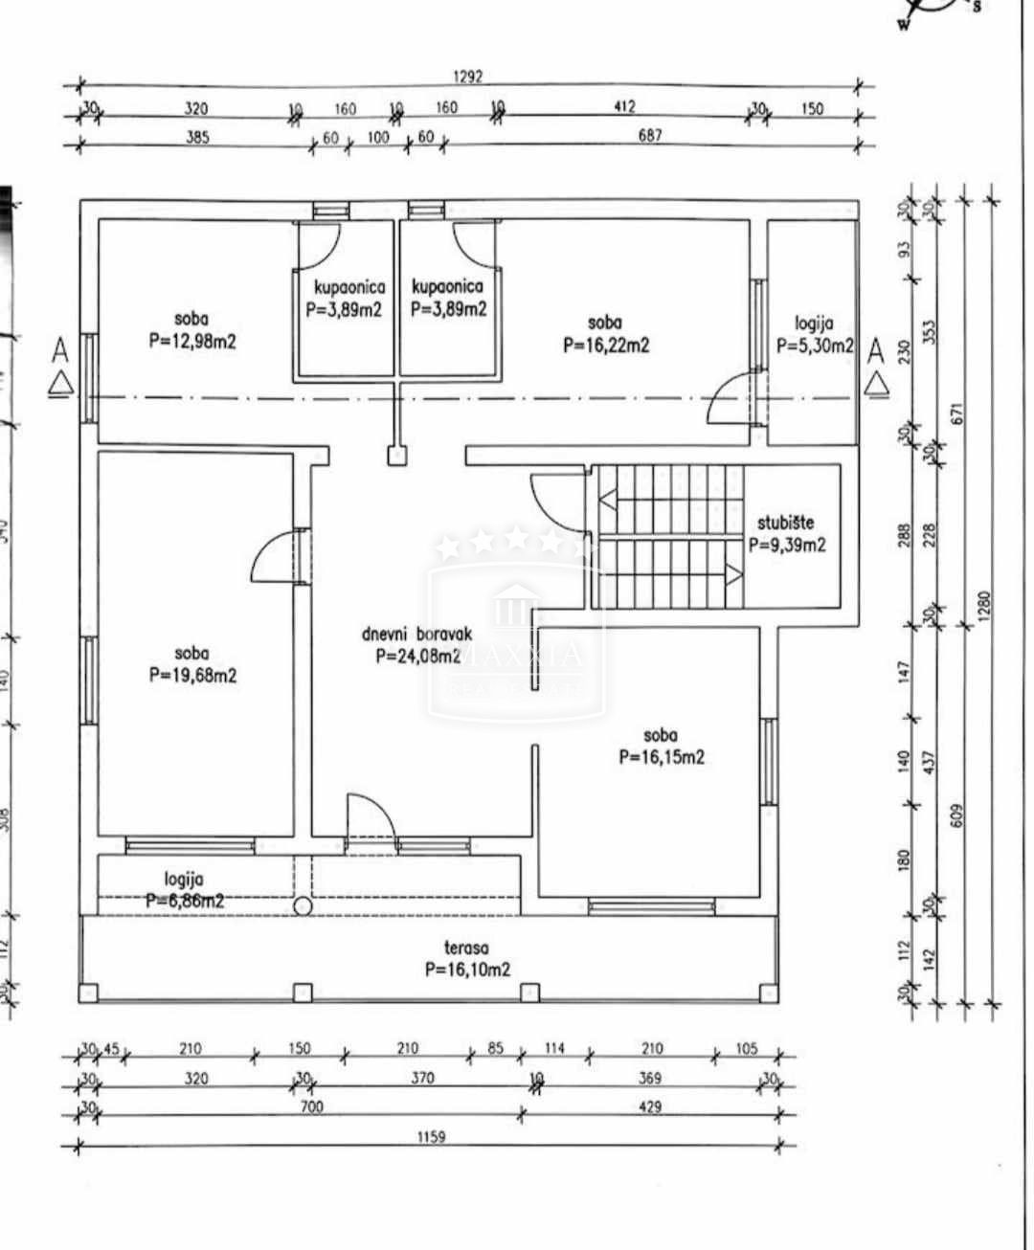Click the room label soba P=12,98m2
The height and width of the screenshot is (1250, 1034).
pos(191,330)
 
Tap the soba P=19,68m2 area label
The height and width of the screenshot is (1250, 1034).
pos(191,664)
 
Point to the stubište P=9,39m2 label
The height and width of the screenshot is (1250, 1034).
pos(786,534)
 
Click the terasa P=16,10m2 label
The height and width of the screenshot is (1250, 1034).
pos(467,958)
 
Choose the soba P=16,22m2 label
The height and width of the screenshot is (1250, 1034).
pos(605,334)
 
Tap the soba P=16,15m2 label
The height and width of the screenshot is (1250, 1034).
pos(661,747)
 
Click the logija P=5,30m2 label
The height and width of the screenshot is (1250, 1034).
pos(813,335)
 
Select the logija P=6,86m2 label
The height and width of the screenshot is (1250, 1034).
pos(185,889)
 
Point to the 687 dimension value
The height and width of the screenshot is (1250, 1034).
pos(649,136)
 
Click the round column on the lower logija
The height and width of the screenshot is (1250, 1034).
pos(303,905)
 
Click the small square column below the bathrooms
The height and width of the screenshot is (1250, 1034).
pos(395,457)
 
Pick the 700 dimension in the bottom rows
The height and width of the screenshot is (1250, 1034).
pos(312,1107)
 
